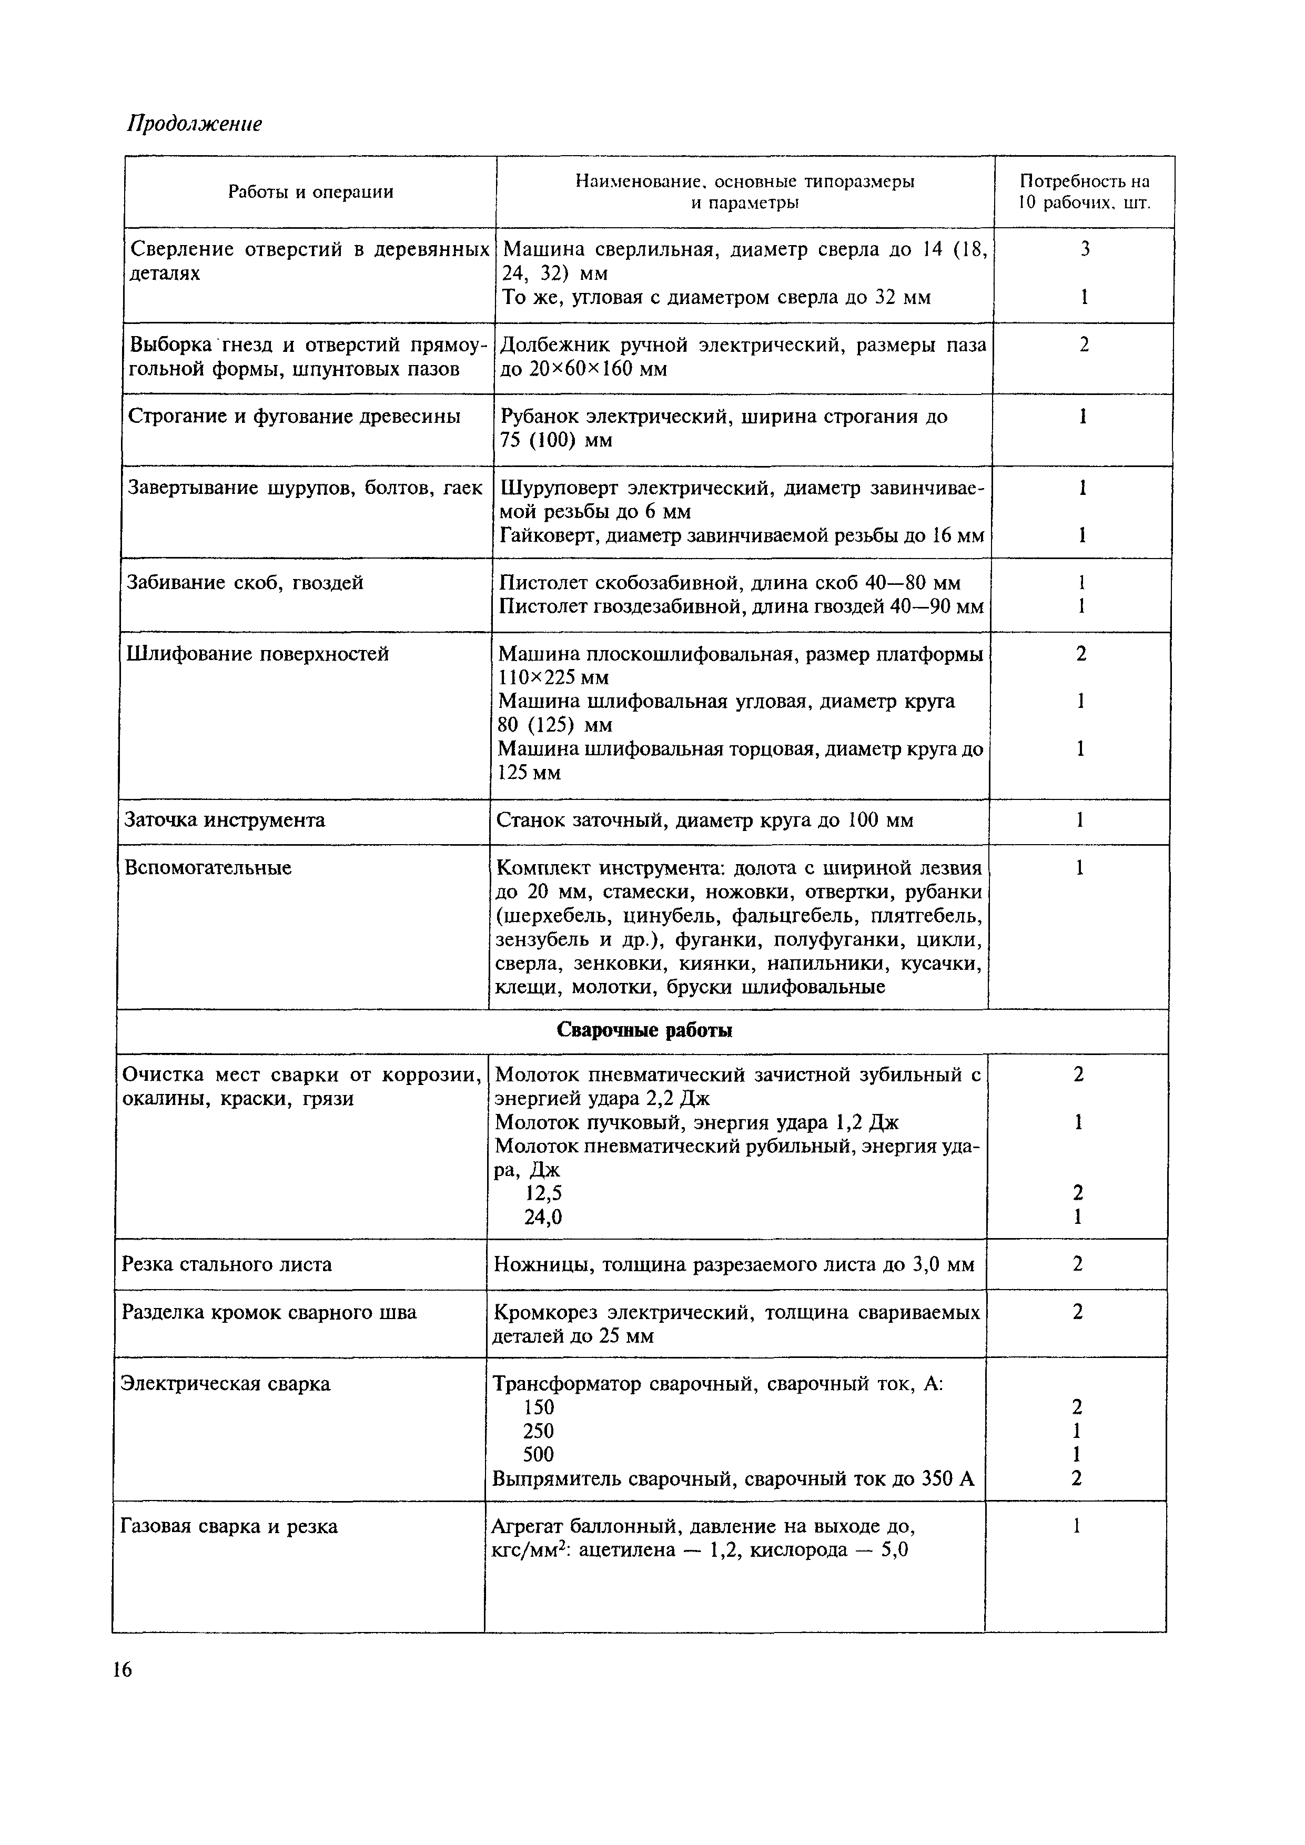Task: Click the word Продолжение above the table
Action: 195,124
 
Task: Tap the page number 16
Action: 122,1670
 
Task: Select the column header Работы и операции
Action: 310,192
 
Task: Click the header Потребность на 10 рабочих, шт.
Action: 1084,191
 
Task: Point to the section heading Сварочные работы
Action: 644,1031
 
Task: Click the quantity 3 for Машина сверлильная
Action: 1085,250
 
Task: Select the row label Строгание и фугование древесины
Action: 294,416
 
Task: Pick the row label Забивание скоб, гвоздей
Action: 245,583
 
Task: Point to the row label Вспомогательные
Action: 208,868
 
